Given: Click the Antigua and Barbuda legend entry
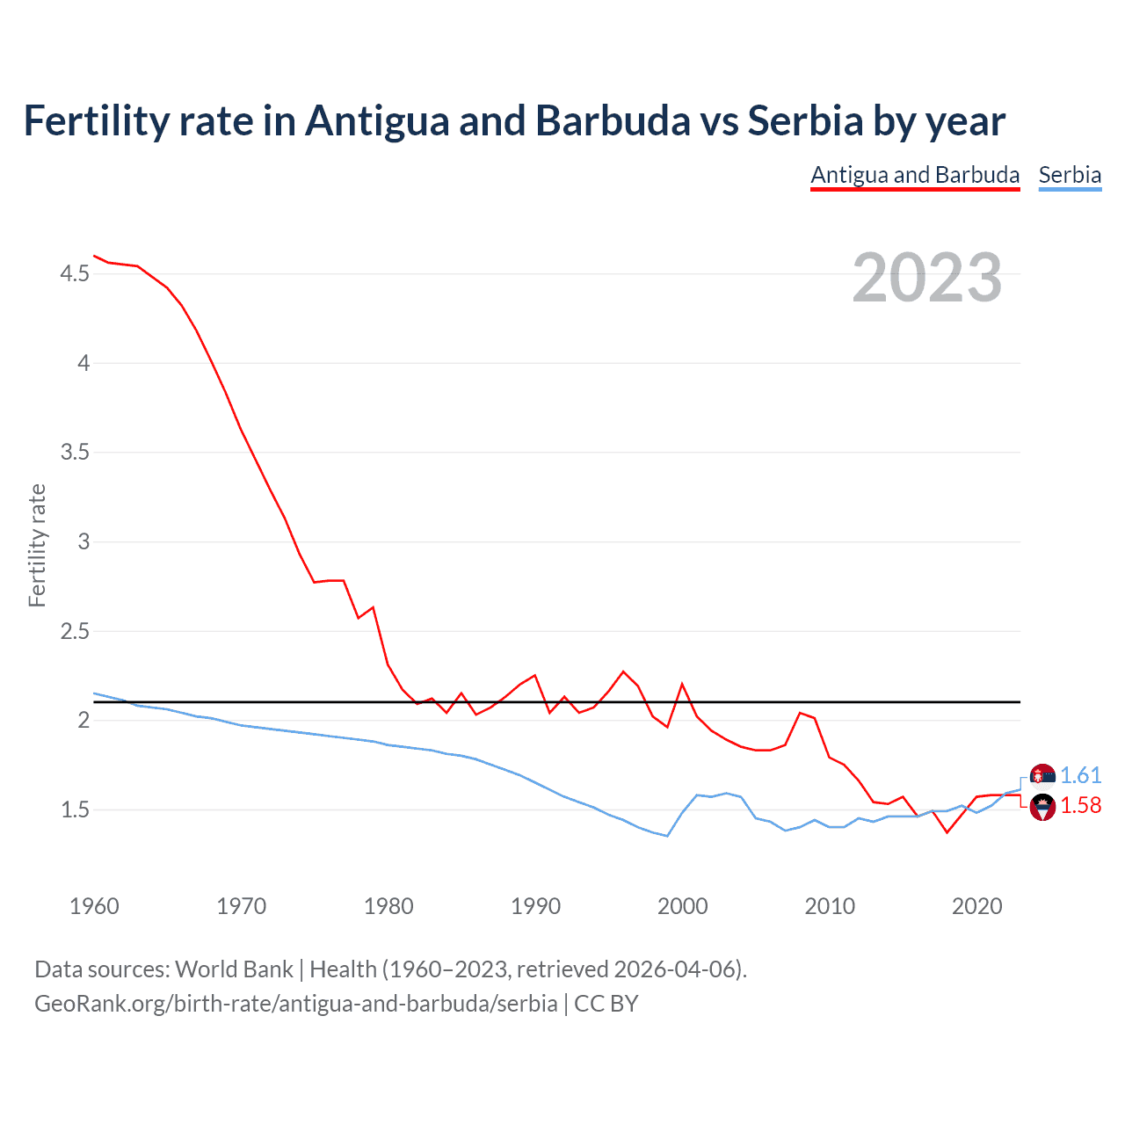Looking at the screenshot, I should [x=914, y=175].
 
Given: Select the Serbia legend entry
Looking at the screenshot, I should [x=1070, y=175].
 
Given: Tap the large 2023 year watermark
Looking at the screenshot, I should [x=927, y=278].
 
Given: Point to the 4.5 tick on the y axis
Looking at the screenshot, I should [x=75, y=274].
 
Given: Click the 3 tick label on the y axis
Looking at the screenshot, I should [x=83, y=541].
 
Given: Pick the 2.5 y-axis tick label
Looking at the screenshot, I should [x=75, y=631].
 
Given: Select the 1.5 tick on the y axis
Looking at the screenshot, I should [x=75, y=809].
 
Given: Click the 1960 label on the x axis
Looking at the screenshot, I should [x=94, y=906].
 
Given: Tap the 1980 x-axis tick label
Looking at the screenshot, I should [x=388, y=906].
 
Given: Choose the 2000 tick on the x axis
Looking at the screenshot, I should [x=682, y=906].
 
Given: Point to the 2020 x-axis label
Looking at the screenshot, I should [x=976, y=906].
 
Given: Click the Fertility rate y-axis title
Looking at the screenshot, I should [x=37, y=545].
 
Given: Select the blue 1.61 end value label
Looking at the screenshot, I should [x=1080, y=775].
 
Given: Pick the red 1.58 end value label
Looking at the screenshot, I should [x=1080, y=805].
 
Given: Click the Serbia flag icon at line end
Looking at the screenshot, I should [x=1042, y=776].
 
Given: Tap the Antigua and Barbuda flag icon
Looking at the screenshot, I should [x=1042, y=806].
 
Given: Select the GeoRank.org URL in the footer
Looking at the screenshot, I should [x=295, y=1003].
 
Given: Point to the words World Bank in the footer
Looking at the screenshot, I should [x=234, y=969].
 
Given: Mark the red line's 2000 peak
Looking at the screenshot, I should [x=682, y=684].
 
